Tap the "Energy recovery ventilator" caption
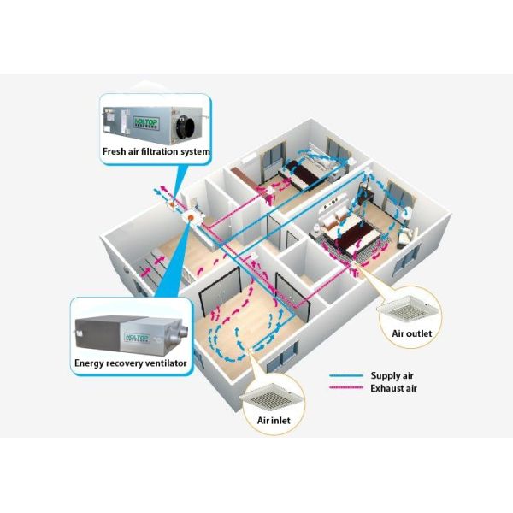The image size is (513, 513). point(130,363)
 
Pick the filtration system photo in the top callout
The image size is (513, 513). point(154,122)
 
